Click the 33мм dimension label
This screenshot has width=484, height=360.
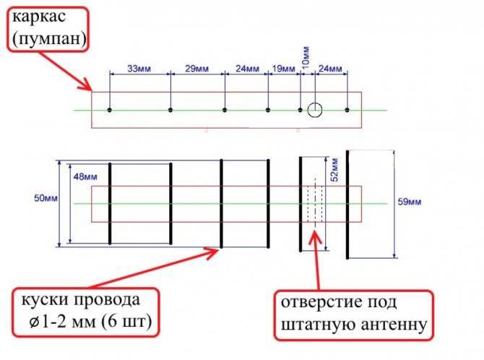pyautogui.click(x=139, y=68)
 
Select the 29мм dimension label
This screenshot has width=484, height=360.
pyautogui.click(x=196, y=68)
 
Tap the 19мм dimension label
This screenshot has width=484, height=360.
pyautogui.click(x=284, y=68)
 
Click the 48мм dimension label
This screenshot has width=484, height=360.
pyautogui.click(x=85, y=177)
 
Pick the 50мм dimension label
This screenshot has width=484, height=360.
pyautogui.click(x=46, y=198)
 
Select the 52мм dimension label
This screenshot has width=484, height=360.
pyautogui.click(x=334, y=170)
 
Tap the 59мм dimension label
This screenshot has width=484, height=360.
pyautogui.click(x=410, y=202)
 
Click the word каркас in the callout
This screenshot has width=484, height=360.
pyautogui.click(x=39, y=17)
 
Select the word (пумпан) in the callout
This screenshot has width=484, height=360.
pyautogui.click(x=49, y=39)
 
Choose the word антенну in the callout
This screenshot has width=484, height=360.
pyautogui.click(x=394, y=325)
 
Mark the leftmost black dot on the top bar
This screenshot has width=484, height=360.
pyautogui.click(x=110, y=110)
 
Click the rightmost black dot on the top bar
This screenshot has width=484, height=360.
pyautogui.click(x=347, y=110)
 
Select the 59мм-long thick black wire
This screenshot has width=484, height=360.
pyautogui.click(x=347, y=205)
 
